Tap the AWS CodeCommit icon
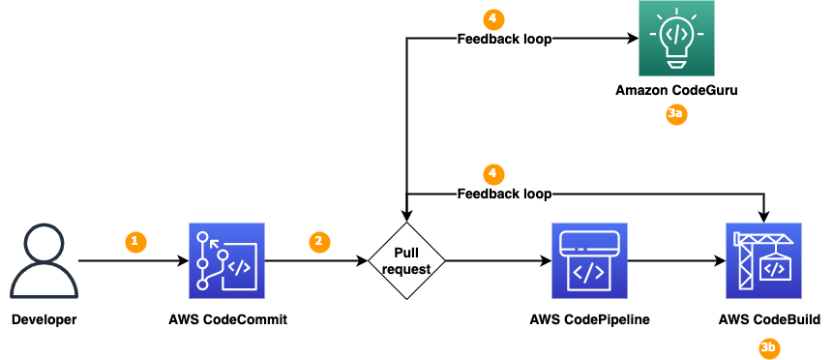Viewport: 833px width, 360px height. coord(227,260)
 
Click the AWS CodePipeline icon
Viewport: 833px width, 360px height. coord(588,260)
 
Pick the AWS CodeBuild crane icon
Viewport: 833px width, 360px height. coord(763,260)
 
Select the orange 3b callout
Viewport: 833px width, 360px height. coord(768,346)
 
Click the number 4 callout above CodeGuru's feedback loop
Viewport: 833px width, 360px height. coord(493,18)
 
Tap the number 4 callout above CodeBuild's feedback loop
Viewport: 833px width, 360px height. coord(493,173)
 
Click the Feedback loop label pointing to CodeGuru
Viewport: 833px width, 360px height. coord(503,39)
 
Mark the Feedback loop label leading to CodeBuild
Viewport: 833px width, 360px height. coord(503,194)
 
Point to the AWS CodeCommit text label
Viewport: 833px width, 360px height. coord(227,319)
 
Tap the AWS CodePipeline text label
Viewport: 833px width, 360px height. coord(588,319)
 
